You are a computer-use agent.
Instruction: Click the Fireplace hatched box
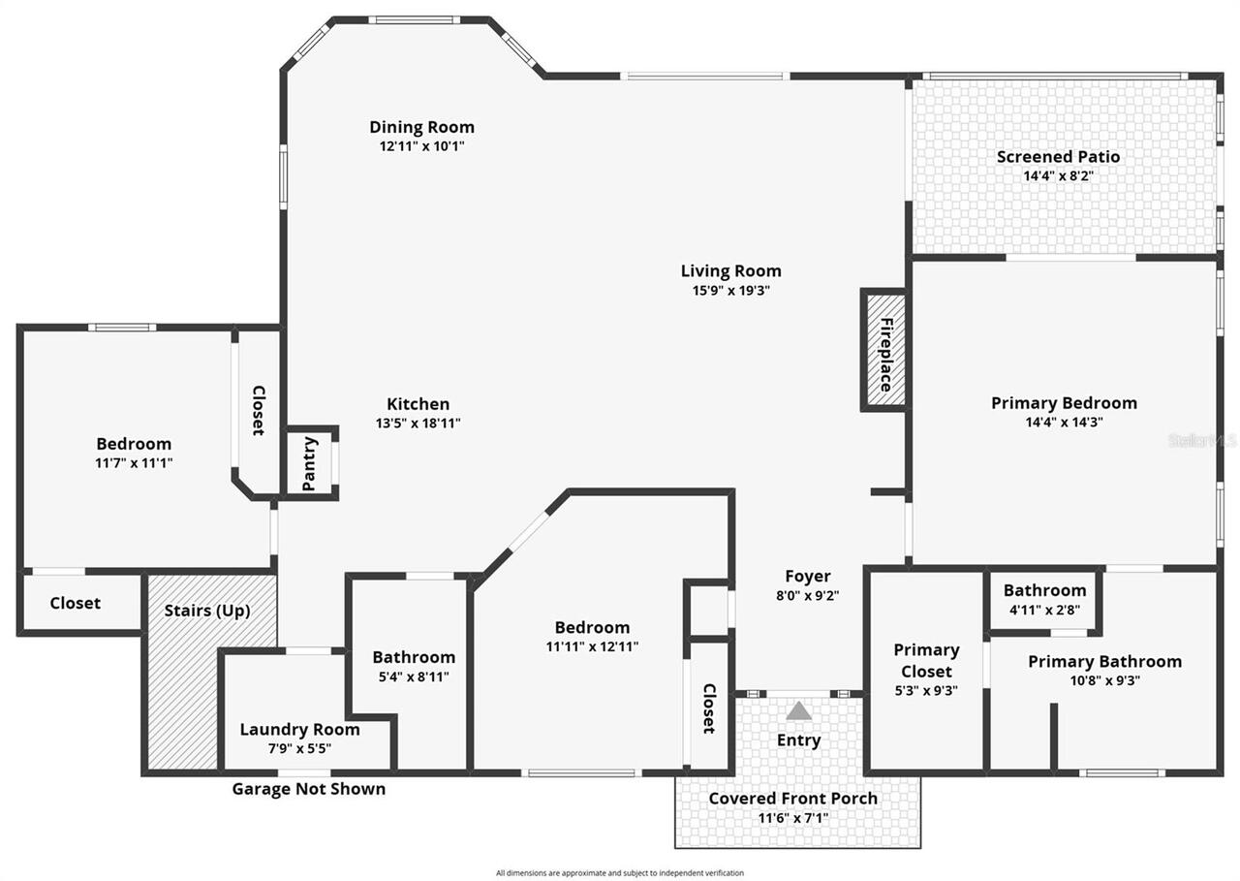click(884, 350)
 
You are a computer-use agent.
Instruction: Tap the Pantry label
click(310, 463)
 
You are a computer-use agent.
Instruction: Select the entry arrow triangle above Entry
click(798, 711)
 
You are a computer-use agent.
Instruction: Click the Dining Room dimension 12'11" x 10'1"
click(421, 146)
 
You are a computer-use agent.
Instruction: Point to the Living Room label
click(730, 271)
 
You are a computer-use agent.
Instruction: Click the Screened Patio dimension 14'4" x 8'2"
click(1058, 176)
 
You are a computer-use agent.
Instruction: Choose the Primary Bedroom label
click(1064, 403)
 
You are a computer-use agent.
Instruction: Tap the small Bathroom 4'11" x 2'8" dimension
click(1044, 610)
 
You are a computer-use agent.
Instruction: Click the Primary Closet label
click(926, 660)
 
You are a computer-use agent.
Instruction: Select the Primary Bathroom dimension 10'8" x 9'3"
click(1104, 680)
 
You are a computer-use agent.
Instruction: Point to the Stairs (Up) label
click(207, 611)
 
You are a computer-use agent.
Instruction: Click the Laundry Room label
click(299, 730)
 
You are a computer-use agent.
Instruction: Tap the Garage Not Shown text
click(308, 789)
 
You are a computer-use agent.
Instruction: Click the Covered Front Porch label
click(792, 799)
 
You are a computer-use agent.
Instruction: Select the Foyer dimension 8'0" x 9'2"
click(807, 596)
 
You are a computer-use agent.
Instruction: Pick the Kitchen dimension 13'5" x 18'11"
click(418, 424)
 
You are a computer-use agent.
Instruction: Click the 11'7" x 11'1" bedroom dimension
click(133, 463)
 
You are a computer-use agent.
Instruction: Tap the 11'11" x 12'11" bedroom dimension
click(591, 646)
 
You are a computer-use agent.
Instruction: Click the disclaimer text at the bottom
click(620, 873)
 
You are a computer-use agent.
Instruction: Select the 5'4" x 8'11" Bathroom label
click(414, 657)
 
